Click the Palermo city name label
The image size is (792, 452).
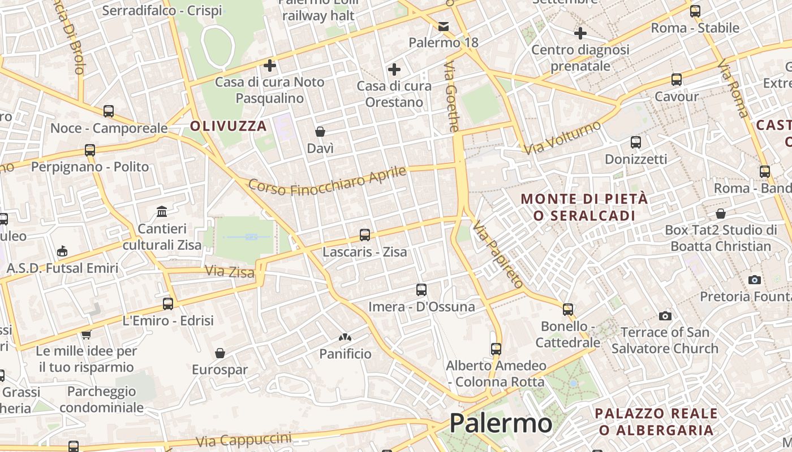click(x=501, y=423)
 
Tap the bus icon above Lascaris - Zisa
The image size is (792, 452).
click(x=365, y=234)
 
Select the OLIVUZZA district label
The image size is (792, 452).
click(x=229, y=126)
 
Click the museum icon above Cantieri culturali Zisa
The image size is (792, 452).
click(x=162, y=211)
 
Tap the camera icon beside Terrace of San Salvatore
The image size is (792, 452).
click(x=665, y=316)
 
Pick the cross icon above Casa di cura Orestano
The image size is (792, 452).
click(x=394, y=69)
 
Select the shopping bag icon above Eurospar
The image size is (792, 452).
click(x=220, y=353)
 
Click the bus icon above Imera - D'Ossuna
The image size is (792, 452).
click(x=421, y=290)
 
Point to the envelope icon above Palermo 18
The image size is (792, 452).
click(x=444, y=27)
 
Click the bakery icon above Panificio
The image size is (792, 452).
click(x=345, y=337)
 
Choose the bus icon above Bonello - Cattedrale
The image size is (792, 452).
click(x=568, y=310)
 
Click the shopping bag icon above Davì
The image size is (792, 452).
click(x=320, y=132)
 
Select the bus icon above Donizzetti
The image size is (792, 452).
click(x=636, y=142)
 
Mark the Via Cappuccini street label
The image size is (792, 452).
click(x=244, y=440)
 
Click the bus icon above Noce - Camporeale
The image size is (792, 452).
click(x=109, y=111)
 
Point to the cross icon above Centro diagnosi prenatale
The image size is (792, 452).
click(x=580, y=33)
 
